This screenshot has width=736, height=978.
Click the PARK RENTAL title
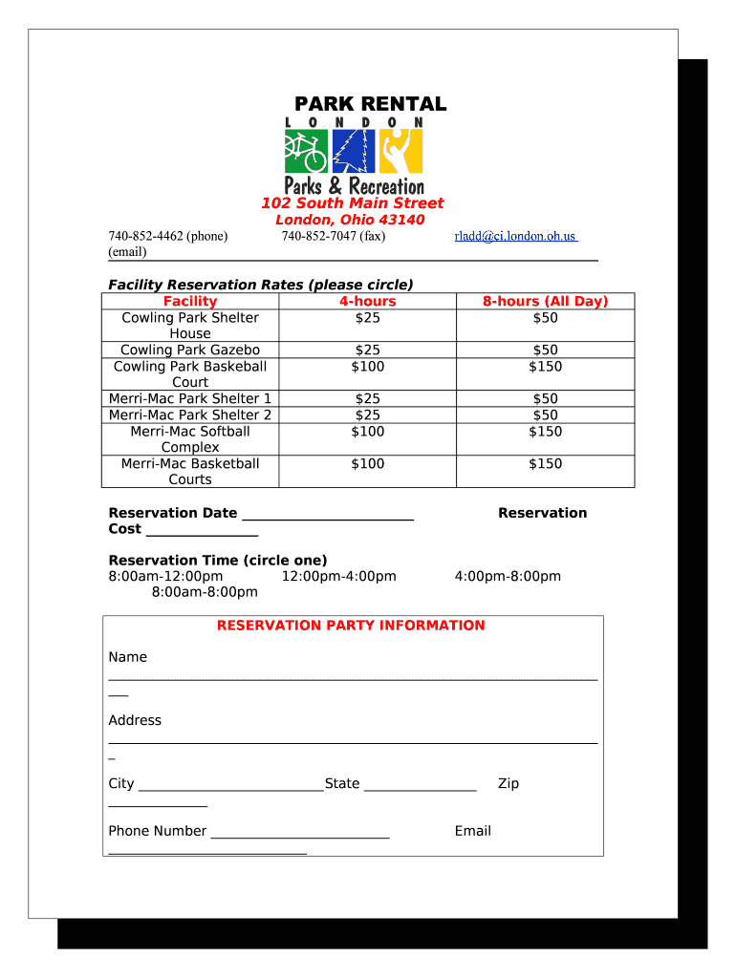(369, 104)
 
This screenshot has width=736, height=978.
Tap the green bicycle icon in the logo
(306, 151)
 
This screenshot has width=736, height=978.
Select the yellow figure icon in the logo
(400, 151)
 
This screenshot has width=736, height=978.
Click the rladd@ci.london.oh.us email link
(515, 236)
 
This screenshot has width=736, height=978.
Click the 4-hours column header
(367, 301)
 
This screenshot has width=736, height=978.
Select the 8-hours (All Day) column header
(545, 301)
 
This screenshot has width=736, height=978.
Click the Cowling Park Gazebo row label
(190, 350)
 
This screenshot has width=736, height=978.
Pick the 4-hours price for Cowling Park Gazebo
(367, 350)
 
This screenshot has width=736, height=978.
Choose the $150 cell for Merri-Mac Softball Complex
(545, 431)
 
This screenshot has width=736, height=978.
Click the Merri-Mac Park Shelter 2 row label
(190, 415)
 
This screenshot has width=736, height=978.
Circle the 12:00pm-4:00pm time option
(338, 576)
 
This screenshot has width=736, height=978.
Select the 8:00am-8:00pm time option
(205, 592)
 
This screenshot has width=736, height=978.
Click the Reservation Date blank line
(328, 517)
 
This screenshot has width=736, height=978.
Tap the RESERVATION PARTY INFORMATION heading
(351, 626)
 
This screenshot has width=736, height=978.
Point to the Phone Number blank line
(300, 835)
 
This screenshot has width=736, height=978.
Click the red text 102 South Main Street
(353, 203)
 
